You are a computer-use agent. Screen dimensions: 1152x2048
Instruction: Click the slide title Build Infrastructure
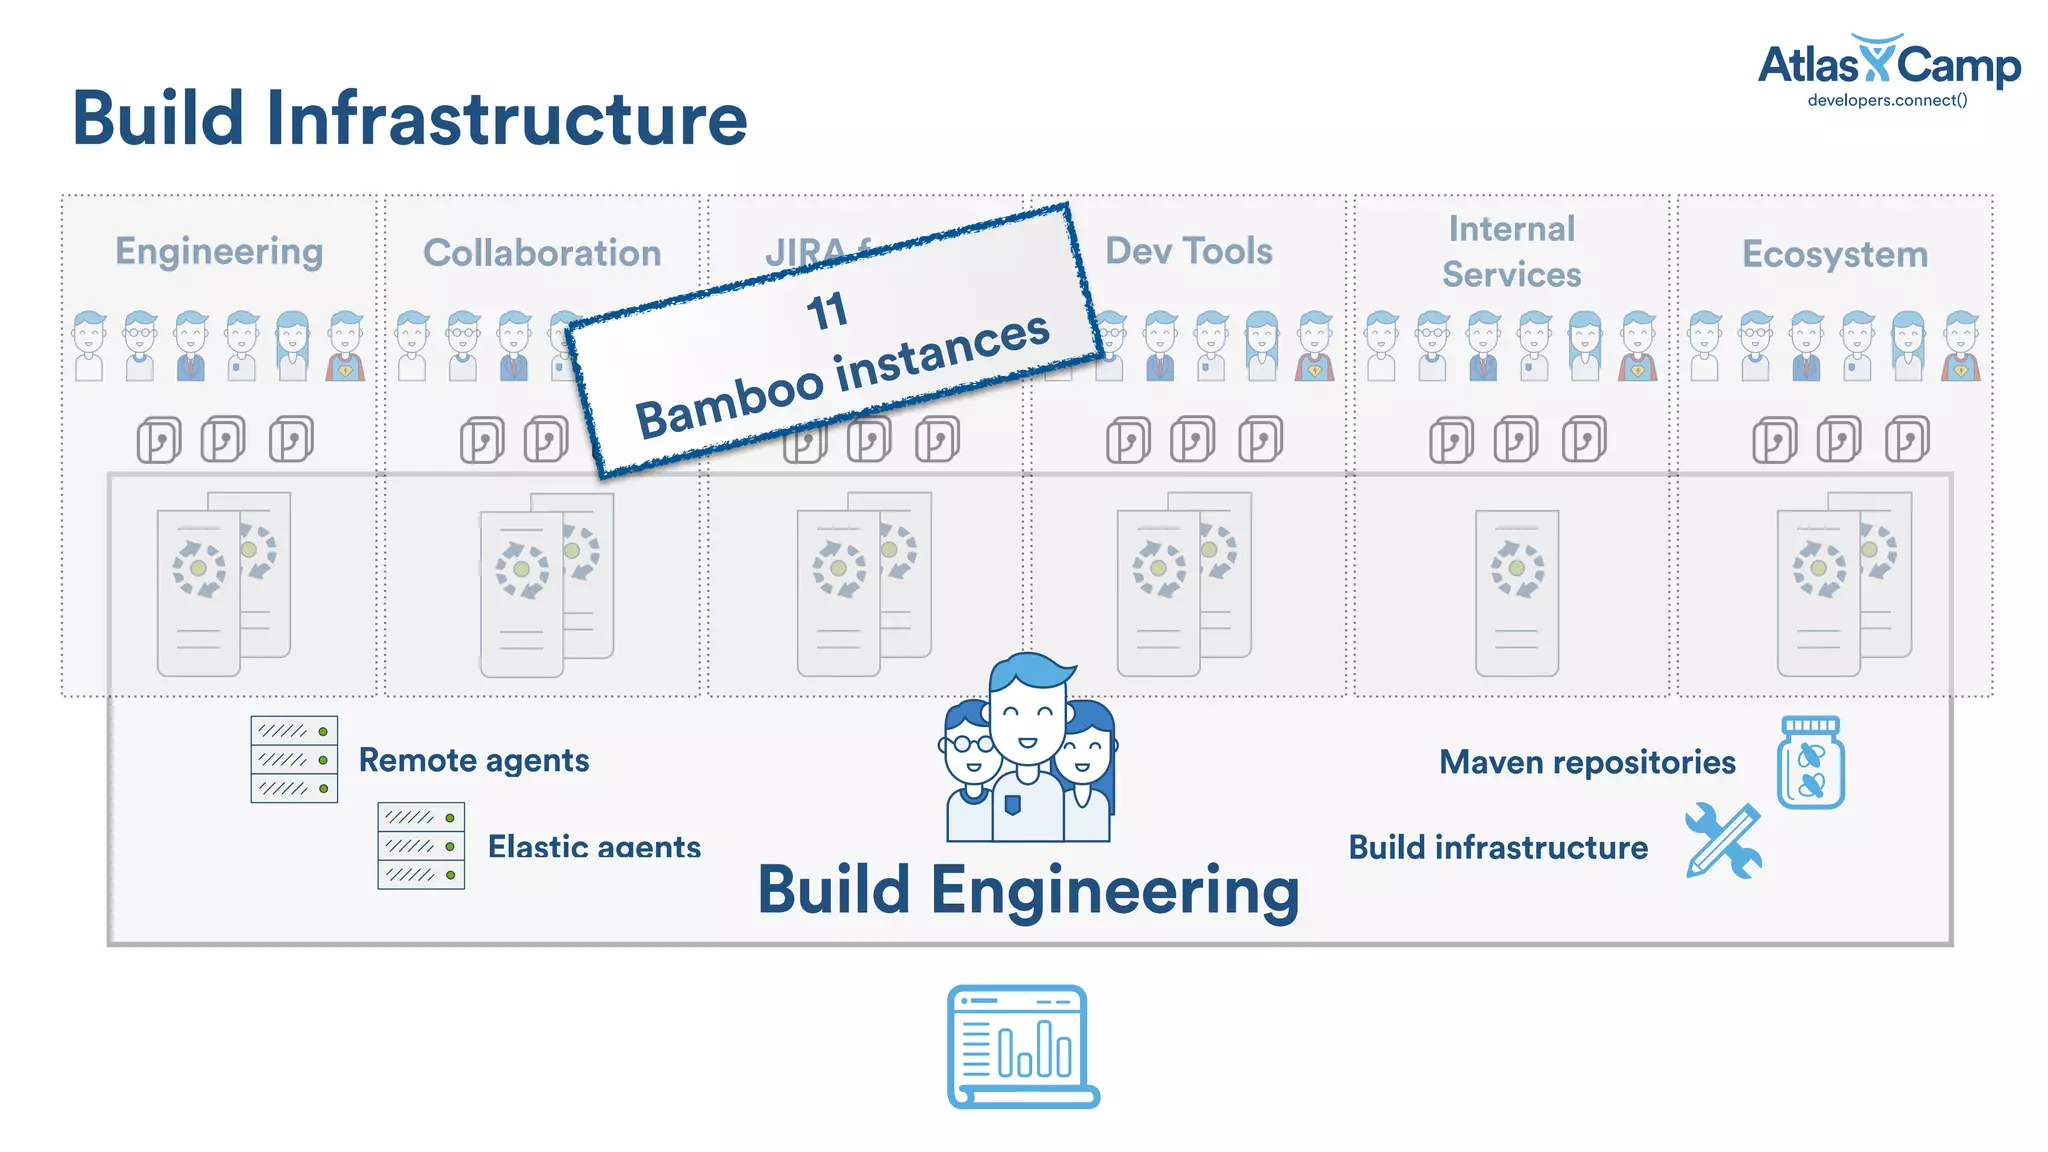tap(409, 119)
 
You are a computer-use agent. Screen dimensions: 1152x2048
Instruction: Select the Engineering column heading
tap(219, 252)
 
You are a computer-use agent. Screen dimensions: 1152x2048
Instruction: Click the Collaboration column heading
tap(542, 254)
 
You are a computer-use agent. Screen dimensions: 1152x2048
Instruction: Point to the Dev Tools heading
tap(1188, 251)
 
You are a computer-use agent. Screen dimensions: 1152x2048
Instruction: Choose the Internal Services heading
tap(1511, 252)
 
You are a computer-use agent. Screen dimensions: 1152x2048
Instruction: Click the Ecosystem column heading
tap(1834, 255)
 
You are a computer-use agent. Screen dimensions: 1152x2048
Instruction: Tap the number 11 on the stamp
tap(827, 311)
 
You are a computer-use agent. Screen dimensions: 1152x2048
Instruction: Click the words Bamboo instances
tap(842, 376)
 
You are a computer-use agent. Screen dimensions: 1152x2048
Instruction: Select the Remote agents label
tap(473, 761)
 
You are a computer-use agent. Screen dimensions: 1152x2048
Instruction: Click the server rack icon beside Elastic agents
tap(421, 846)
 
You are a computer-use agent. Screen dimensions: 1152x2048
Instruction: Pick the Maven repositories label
tap(1587, 763)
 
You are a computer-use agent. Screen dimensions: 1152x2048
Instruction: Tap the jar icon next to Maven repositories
tap(1810, 763)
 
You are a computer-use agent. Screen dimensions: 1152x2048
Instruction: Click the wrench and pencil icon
tap(1723, 841)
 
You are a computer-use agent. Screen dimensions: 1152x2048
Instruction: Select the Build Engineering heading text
tap(1028, 890)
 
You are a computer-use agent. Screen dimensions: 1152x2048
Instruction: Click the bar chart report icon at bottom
tap(1022, 1046)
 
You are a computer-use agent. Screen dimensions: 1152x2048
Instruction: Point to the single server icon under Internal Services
tap(1516, 593)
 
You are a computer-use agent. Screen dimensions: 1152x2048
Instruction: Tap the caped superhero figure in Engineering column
tap(345, 347)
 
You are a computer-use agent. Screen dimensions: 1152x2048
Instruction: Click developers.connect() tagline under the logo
tap(1887, 101)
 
